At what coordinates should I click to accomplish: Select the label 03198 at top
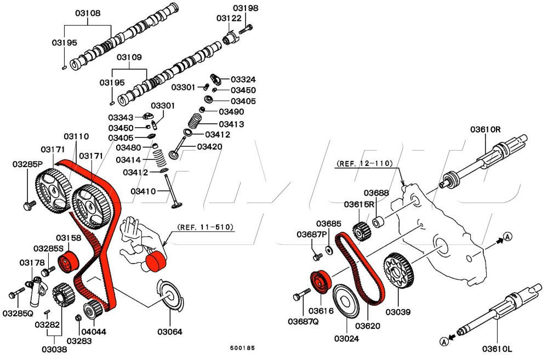246,8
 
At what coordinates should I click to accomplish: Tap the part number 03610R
486,129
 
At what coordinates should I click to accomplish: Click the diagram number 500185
242,348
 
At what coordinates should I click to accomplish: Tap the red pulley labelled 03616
318,281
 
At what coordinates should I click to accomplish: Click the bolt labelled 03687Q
298,296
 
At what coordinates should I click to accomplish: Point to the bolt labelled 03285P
28,205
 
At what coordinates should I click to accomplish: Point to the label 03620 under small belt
367,325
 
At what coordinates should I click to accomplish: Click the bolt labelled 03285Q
14,295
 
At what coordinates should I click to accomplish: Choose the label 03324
243,79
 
